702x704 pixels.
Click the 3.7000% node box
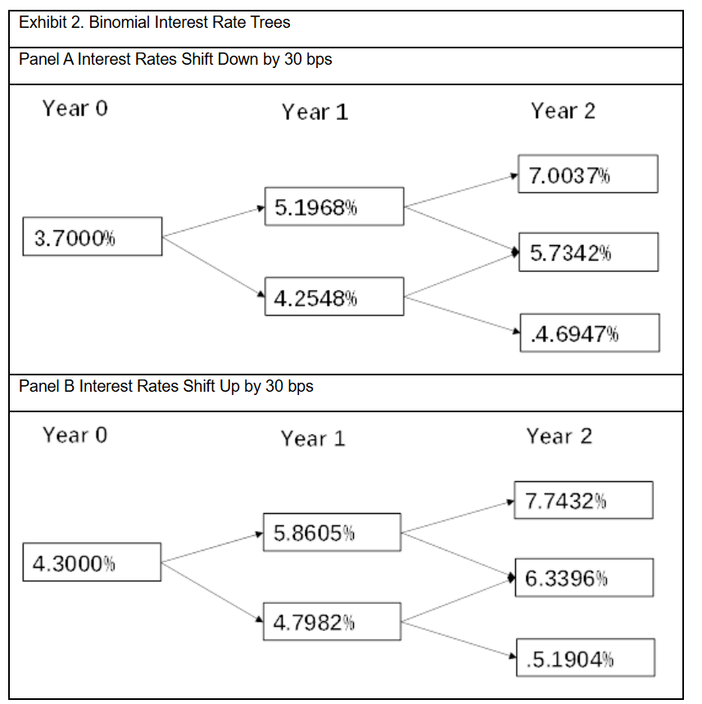click(x=93, y=237)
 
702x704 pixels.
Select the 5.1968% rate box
click(x=334, y=207)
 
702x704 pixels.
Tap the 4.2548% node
click(x=334, y=297)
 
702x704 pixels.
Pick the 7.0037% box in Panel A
click(x=588, y=175)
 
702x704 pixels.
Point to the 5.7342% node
click(x=588, y=252)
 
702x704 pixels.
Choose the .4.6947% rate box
click(x=590, y=333)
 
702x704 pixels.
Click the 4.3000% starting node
click(x=92, y=562)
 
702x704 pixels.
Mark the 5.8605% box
click(x=332, y=532)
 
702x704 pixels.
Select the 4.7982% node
click(x=332, y=621)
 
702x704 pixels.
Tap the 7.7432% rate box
click(x=583, y=500)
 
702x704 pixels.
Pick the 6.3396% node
click(x=584, y=578)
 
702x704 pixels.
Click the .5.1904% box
click(x=586, y=657)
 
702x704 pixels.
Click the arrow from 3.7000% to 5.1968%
click(x=213, y=222)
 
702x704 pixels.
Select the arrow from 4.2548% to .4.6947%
click(x=462, y=315)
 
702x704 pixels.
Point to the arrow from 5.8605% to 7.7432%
click(x=458, y=517)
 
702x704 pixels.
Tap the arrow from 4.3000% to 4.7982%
click(x=212, y=593)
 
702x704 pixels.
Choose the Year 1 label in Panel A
click(x=315, y=111)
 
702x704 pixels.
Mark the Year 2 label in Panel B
click(x=559, y=436)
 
